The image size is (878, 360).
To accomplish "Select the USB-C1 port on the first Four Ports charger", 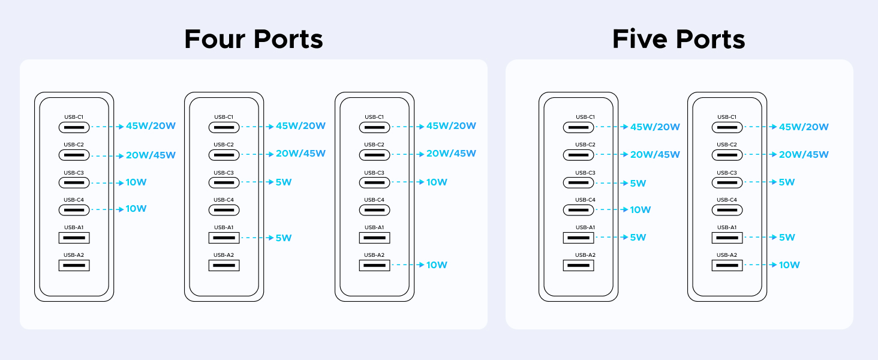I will pos(74,127).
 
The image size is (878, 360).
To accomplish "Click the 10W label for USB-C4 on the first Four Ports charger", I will pos(136,209).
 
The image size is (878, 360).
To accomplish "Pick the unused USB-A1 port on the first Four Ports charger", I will pos(74,238).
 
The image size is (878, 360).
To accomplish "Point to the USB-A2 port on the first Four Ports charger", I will pos(74,265).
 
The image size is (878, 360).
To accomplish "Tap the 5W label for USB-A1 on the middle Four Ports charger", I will pos(284,238).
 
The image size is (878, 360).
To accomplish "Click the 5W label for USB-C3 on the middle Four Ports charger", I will pos(284,182).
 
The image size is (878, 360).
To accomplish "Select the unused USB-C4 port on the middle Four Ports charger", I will pos(224,210).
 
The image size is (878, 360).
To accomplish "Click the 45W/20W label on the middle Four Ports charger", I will pos(300,126).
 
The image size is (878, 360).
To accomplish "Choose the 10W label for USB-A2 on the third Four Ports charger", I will pos(437,265).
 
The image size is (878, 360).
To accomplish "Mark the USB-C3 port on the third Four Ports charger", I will pos(375,182).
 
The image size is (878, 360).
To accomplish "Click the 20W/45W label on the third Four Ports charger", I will pos(451,154).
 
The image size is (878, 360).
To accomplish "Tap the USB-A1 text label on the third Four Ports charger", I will pos(374,227).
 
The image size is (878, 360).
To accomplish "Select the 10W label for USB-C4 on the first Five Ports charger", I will pos(641,209).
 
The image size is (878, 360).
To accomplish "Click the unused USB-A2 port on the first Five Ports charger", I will pos(578,265).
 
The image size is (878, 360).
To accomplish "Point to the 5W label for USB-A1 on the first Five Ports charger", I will pos(638,237).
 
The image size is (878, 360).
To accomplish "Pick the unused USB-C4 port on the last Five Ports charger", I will pos(727,210).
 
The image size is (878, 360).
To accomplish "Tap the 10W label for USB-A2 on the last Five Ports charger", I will pos(789,265).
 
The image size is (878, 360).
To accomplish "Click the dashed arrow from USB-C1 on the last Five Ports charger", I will pos(759,127).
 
